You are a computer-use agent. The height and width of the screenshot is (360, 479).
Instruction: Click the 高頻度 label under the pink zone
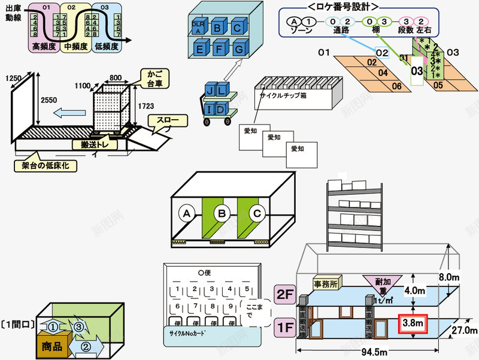(x=44, y=46)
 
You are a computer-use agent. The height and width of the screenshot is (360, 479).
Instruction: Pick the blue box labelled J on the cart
(x=210, y=90)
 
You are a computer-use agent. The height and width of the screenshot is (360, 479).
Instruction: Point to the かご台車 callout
(x=158, y=78)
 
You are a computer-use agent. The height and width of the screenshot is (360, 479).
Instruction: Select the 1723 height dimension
(x=145, y=105)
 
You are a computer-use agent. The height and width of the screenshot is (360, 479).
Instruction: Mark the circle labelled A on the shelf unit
(x=187, y=213)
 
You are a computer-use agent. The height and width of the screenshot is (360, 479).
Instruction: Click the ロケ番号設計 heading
(x=342, y=7)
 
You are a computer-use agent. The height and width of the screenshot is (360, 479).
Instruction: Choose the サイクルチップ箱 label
(x=283, y=96)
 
